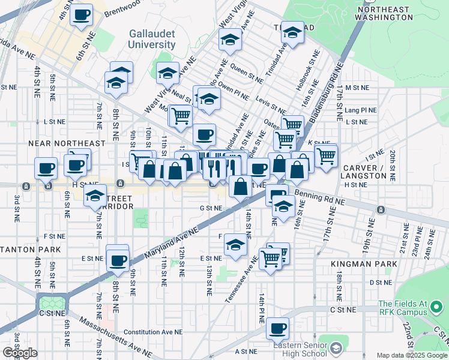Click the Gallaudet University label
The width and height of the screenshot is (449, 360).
tap(152, 39)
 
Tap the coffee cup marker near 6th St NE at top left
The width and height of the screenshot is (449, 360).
tap(81, 15)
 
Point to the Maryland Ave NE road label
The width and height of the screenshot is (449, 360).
tap(170, 243)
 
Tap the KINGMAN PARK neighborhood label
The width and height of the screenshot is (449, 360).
tap(364, 264)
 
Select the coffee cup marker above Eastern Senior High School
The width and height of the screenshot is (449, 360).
tap(277, 329)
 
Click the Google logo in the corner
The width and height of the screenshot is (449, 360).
tap(20, 353)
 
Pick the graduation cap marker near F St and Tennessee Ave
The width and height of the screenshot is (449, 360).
tap(236, 245)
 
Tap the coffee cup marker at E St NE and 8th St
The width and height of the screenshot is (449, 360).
tap(118, 260)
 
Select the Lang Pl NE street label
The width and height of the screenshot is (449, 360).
tap(361, 110)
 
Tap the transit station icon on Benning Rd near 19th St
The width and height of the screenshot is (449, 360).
tap(380, 209)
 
